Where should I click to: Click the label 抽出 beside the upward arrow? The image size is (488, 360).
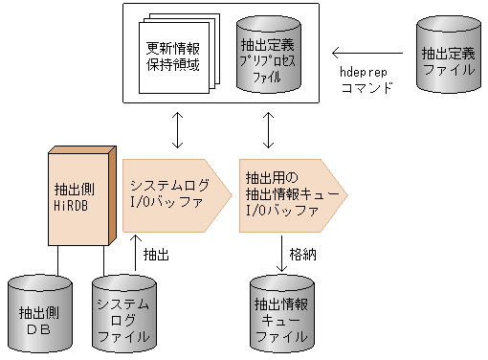click(157, 255)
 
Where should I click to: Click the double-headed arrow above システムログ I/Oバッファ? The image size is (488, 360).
click(178, 130)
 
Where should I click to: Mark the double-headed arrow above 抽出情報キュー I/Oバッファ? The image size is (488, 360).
click(269, 130)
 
